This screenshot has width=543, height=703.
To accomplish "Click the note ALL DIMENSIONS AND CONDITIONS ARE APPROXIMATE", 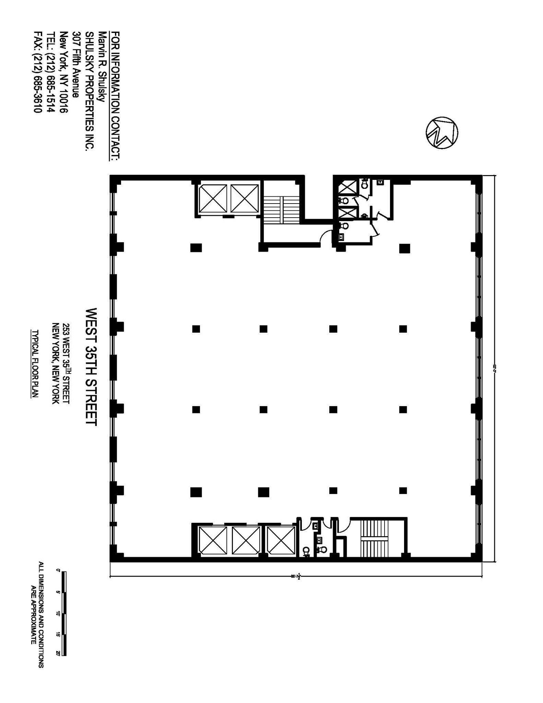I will pyautogui.click(x=37, y=614).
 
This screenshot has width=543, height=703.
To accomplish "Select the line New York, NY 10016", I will pyautogui.click(x=63, y=72).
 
